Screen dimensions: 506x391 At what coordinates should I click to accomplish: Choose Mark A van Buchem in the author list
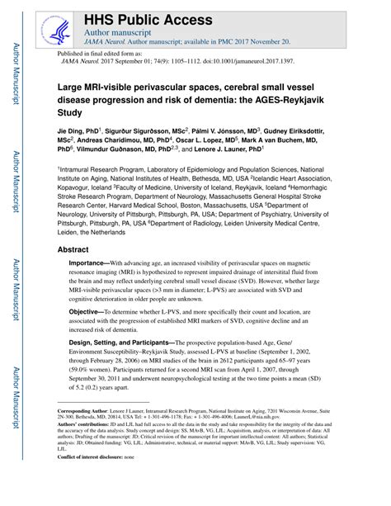pos(311,140)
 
